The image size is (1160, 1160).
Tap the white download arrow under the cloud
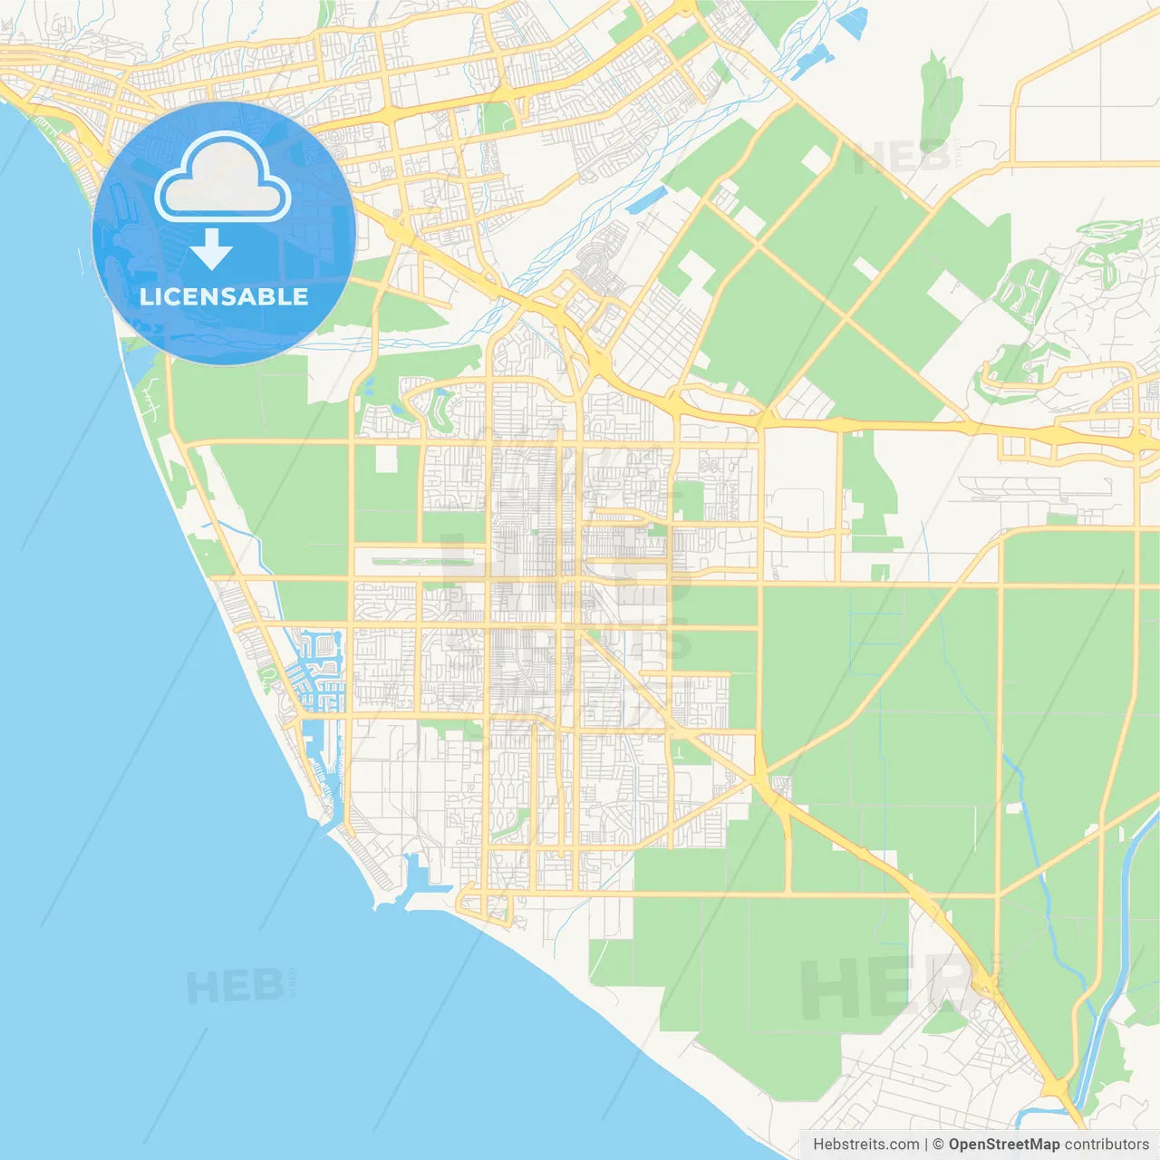coord(212,249)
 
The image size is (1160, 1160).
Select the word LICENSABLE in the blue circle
coord(223,296)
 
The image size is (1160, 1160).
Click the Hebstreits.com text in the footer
coord(865,1145)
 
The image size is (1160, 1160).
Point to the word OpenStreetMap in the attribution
coord(1003,1145)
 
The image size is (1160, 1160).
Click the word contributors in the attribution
coord(1107,1145)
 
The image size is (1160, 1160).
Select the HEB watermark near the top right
coord(902,158)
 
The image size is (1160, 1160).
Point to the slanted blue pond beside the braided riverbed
coord(645,200)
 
